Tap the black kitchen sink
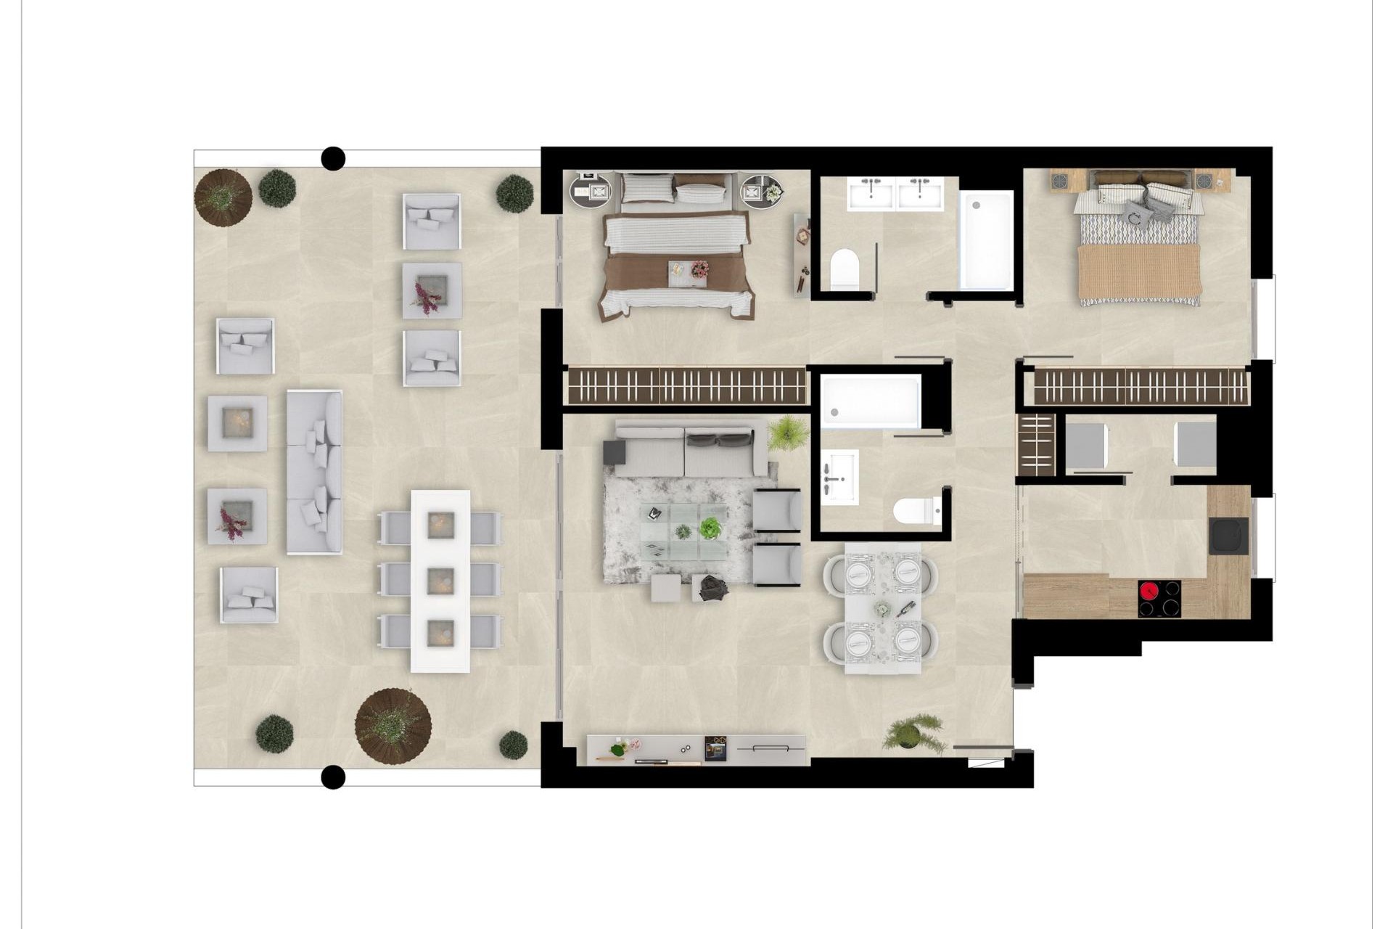(1228, 536)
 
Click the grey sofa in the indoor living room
(686, 448)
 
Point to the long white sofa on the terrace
(314, 472)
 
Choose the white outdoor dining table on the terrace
(440, 581)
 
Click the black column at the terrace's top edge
(333, 157)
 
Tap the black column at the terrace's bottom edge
(333, 777)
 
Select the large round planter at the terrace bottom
(393, 725)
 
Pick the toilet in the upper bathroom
(844, 268)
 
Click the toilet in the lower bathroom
(916, 511)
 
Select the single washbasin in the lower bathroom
(839, 477)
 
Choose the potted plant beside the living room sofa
(788, 433)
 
